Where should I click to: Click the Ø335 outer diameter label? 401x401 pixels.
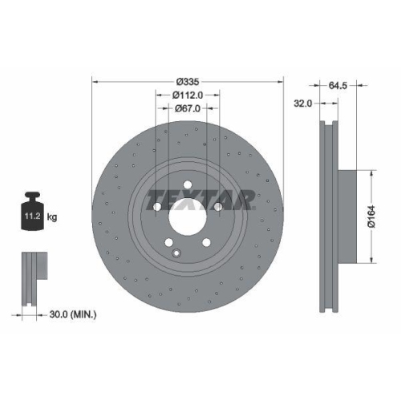[x=188, y=81]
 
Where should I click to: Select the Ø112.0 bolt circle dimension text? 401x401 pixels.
[x=188, y=94]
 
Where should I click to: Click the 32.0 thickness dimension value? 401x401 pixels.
[x=302, y=103]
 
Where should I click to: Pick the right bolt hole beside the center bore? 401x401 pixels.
[x=218, y=208]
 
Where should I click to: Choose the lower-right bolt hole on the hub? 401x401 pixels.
[x=208, y=244]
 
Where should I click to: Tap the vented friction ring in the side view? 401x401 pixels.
[x=328, y=217]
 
